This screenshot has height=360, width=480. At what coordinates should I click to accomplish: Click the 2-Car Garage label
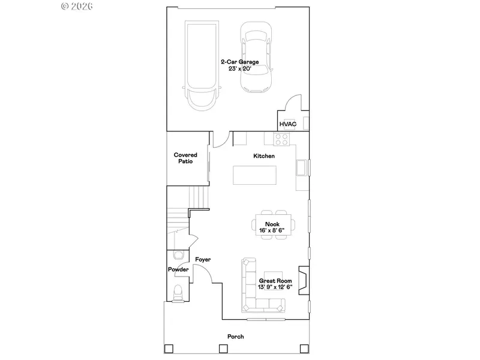coord(240,62)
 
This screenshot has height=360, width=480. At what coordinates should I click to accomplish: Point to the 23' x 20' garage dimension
coord(240,69)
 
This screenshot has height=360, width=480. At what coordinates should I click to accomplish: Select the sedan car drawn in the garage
coord(256,57)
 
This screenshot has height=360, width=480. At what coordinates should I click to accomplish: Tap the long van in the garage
coord(202,66)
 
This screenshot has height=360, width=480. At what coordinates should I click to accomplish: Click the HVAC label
coord(288,124)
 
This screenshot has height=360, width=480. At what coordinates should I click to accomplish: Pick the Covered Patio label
coord(185,158)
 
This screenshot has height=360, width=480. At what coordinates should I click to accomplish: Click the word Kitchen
coord(264,156)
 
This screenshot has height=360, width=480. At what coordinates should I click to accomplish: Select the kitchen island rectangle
coord(254,175)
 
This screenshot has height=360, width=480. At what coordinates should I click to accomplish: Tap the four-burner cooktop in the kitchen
coord(281,139)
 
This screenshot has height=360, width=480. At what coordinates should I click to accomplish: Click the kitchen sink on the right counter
coord(302,167)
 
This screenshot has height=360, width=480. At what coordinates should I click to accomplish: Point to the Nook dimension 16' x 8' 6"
coord(272,230)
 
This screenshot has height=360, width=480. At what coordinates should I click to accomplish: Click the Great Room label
coord(275,281)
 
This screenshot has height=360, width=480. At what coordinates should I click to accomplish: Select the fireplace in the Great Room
coord(304,280)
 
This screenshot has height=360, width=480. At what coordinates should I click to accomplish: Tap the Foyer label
coord(203,260)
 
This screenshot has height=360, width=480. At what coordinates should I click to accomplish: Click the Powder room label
coord(178,269)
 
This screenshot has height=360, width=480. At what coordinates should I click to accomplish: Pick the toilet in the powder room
coord(178,293)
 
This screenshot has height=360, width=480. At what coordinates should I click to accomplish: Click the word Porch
coord(236,337)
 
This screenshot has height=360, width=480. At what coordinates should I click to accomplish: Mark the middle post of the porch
coord(223,349)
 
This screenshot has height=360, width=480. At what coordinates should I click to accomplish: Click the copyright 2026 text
coord(77,6)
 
